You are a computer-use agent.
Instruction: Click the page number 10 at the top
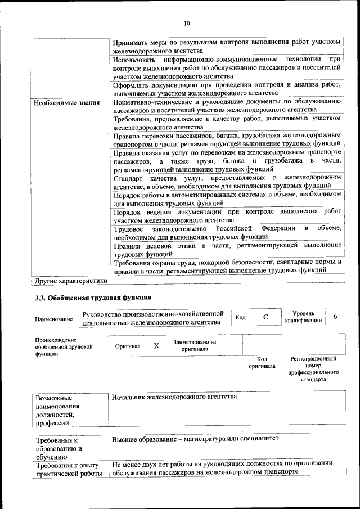pos(187,23)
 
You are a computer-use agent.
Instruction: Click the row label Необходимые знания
pos(66,103)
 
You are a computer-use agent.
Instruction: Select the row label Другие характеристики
pos(70,280)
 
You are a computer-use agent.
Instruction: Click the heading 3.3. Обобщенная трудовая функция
pos(93,298)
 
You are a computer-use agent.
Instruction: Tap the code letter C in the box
pos(265,318)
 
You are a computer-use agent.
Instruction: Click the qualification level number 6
pos(335,317)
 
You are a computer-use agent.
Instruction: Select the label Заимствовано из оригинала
pos(195,345)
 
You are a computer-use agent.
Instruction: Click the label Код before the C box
pos(240,318)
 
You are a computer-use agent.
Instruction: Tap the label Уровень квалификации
pos(303,317)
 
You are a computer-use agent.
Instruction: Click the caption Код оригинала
pos(262,362)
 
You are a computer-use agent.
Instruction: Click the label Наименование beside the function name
pos(53,319)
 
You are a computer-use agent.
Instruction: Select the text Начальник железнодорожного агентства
pos(174,397)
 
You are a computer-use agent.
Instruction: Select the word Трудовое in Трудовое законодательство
pos(128,229)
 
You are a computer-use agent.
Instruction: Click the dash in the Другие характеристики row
pos(115,280)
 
